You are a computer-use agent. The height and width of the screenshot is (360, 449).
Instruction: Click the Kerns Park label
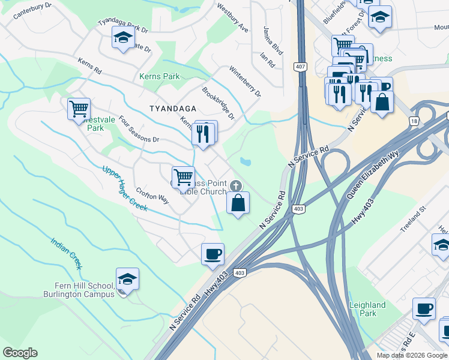pos(159,77)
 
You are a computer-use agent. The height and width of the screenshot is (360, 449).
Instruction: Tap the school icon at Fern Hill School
pos(127,279)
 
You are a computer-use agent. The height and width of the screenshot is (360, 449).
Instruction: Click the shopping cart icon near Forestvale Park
pos(79,109)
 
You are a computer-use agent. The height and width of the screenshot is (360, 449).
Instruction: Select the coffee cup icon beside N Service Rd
pos(212,254)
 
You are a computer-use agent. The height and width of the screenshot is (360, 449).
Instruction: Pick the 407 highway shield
pos(301,67)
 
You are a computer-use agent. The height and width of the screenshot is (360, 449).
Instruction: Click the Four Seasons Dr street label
pos(139,130)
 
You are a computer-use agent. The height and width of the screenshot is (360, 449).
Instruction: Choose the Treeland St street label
pos(413,216)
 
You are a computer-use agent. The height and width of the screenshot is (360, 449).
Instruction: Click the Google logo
pos(20,353)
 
